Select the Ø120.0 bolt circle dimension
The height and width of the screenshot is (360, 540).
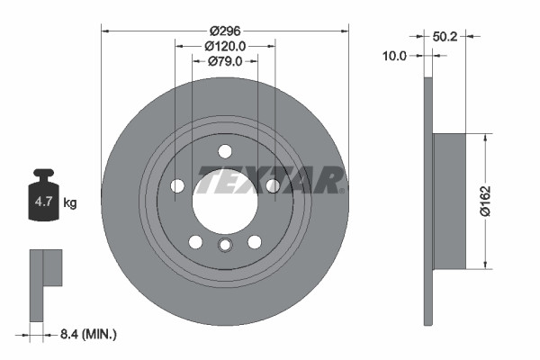225,44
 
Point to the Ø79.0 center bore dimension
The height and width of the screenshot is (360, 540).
225,61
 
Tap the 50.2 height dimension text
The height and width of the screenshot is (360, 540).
445,37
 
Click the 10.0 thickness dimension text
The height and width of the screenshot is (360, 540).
395,55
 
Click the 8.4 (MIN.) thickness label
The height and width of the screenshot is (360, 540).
85,334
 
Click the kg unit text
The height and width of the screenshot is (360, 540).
70,203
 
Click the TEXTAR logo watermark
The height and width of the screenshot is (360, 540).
270,180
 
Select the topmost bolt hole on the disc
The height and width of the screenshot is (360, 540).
225,151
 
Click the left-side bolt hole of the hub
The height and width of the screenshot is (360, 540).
177,186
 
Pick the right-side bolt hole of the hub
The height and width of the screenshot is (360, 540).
272,186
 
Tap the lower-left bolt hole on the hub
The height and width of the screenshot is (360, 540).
195,241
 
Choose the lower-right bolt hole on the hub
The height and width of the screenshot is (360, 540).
255,241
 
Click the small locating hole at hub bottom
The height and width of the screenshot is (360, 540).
225,246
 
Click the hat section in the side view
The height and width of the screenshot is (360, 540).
449,202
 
